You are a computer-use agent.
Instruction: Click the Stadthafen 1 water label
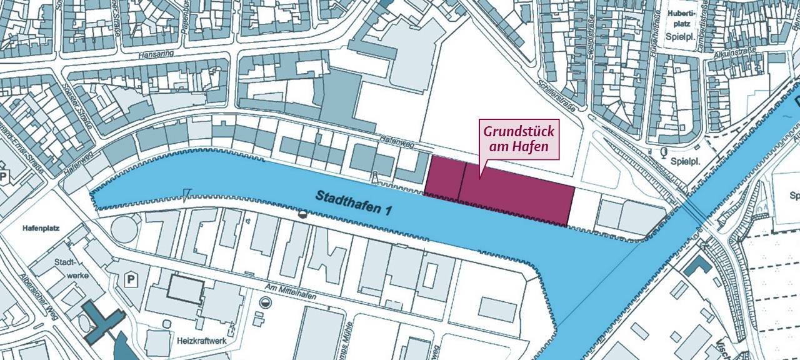tap(353, 203)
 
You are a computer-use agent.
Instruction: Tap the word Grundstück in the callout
tap(519, 132)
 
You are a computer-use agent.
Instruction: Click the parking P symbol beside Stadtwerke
tap(132, 278)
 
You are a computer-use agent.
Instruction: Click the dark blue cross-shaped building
tap(98, 319)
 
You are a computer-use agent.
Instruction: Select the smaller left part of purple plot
tap(444, 178)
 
